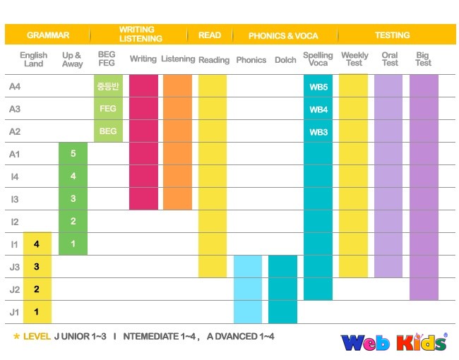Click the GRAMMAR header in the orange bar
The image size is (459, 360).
tap(48, 35)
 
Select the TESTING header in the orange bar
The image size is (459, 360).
tap(392, 35)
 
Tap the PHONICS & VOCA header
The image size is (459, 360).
tap(283, 35)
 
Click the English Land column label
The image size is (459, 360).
tap(34, 59)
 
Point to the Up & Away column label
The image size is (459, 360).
tap(72, 59)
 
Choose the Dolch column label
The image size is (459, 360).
tap(285, 60)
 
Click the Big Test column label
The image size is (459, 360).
tap(423, 59)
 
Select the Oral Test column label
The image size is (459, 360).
tap(389, 59)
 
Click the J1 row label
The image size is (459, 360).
tap(15, 312)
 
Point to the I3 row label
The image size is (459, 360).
tap(15, 199)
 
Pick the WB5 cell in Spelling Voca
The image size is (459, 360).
tap(318, 87)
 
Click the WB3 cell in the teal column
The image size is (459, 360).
tap(318, 131)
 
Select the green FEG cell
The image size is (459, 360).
tap(108, 109)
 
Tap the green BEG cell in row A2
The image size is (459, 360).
tap(108, 131)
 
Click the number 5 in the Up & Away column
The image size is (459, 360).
tap(73, 154)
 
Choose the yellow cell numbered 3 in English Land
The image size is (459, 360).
tap(37, 267)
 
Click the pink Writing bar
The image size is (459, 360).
tap(143, 142)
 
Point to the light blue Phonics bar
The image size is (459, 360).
tap(248, 289)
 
